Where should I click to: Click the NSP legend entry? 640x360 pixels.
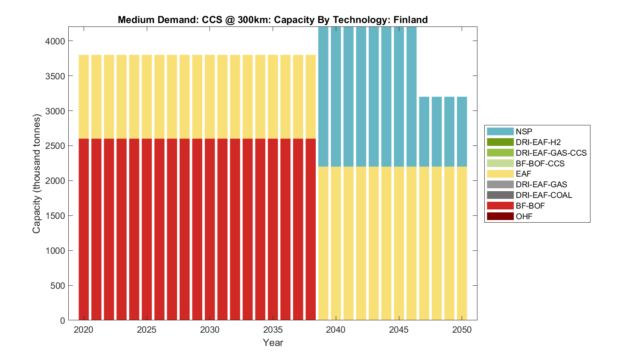click(x=524, y=131)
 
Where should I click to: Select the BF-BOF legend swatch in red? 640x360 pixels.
click(x=500, y=206)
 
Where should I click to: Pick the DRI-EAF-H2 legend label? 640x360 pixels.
click(x=538, y=142)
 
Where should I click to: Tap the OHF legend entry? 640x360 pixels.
click(x=524, y=216)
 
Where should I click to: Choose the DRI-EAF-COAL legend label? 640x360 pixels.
click(x=544, y=195)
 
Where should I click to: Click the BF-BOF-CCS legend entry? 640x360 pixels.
click(x=540, y=163)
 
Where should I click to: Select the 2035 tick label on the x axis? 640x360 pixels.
click(x=273, y=330)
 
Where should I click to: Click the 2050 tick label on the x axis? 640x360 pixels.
click(x=462, y=330)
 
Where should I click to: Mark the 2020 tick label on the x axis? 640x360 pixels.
click(x=84, y=330)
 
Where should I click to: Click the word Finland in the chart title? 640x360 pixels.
click(x=410, y=20)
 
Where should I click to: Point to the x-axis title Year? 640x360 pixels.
click(x=273, y=343)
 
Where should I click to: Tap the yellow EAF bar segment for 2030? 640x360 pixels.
click(x=209, y=96)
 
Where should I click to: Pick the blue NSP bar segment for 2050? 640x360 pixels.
click(x=462, y=131)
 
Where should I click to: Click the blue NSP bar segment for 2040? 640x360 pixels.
click(x=336, y=96)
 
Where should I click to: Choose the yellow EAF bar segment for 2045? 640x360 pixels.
click(x=399, y=243)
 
